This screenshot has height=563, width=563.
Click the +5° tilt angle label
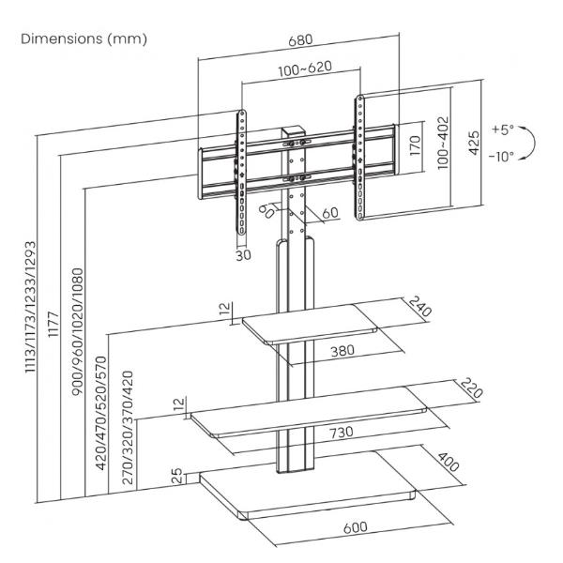click(502, 128)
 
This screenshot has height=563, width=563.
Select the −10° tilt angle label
click(501, 157)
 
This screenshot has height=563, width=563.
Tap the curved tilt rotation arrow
click(530, 142)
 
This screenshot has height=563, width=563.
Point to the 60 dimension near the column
click(331, 213)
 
